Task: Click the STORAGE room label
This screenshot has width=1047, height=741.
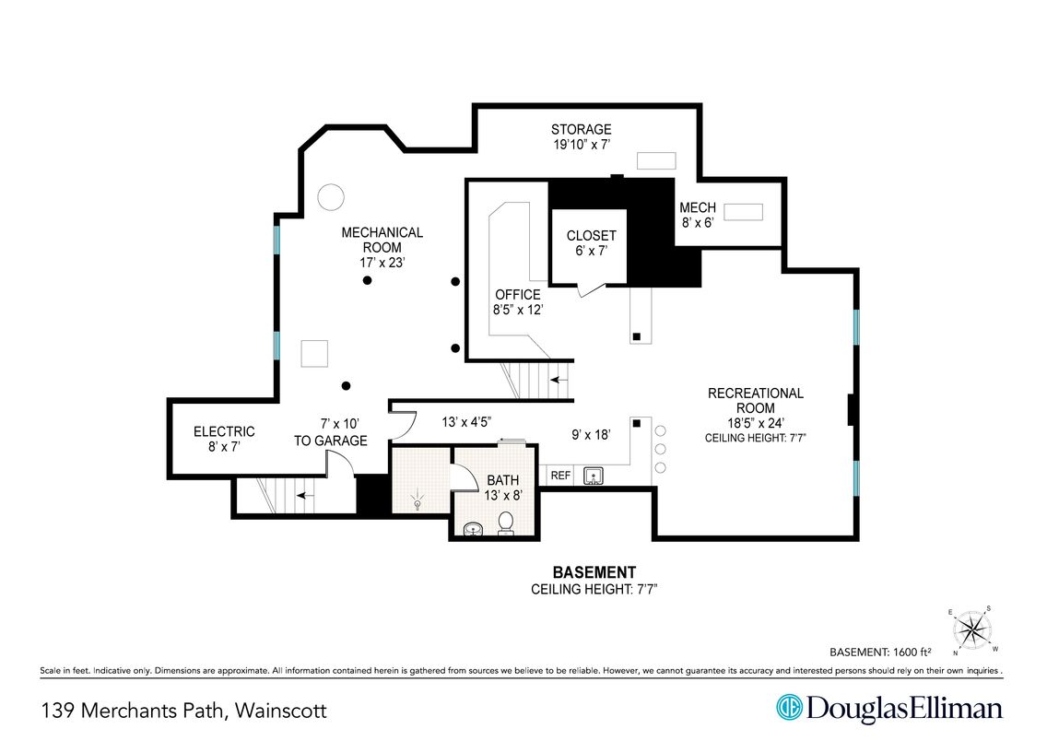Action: pos(581,130)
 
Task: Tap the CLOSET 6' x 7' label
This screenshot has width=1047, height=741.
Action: pos(591,243)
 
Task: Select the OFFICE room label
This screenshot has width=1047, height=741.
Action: pos(517,294)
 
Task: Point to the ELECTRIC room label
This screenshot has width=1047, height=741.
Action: pos(224,432)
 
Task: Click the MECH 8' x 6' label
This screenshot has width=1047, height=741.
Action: pos(698,215)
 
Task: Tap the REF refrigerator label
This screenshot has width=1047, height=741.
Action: pos(560,476)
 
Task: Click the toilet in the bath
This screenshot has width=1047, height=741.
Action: pos(506,523)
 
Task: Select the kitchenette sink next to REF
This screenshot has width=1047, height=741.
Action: pos(593,476)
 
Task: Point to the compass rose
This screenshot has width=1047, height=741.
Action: pos(971,629)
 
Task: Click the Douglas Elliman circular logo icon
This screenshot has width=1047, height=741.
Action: pos(789,708)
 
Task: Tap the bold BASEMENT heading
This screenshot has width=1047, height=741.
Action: pos(594,572)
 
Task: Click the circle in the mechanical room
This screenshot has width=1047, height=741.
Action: pos(331,197)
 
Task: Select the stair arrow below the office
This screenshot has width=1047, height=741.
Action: pos(559,380)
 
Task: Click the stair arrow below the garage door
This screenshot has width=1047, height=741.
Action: pos(305,495)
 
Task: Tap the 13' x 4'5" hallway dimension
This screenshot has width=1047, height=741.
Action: pos(466,422)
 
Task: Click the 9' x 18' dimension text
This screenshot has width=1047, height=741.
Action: pos(591,435)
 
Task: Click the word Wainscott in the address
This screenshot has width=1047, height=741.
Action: pos(281,710)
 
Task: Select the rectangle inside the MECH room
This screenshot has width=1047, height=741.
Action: pos(743,212)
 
